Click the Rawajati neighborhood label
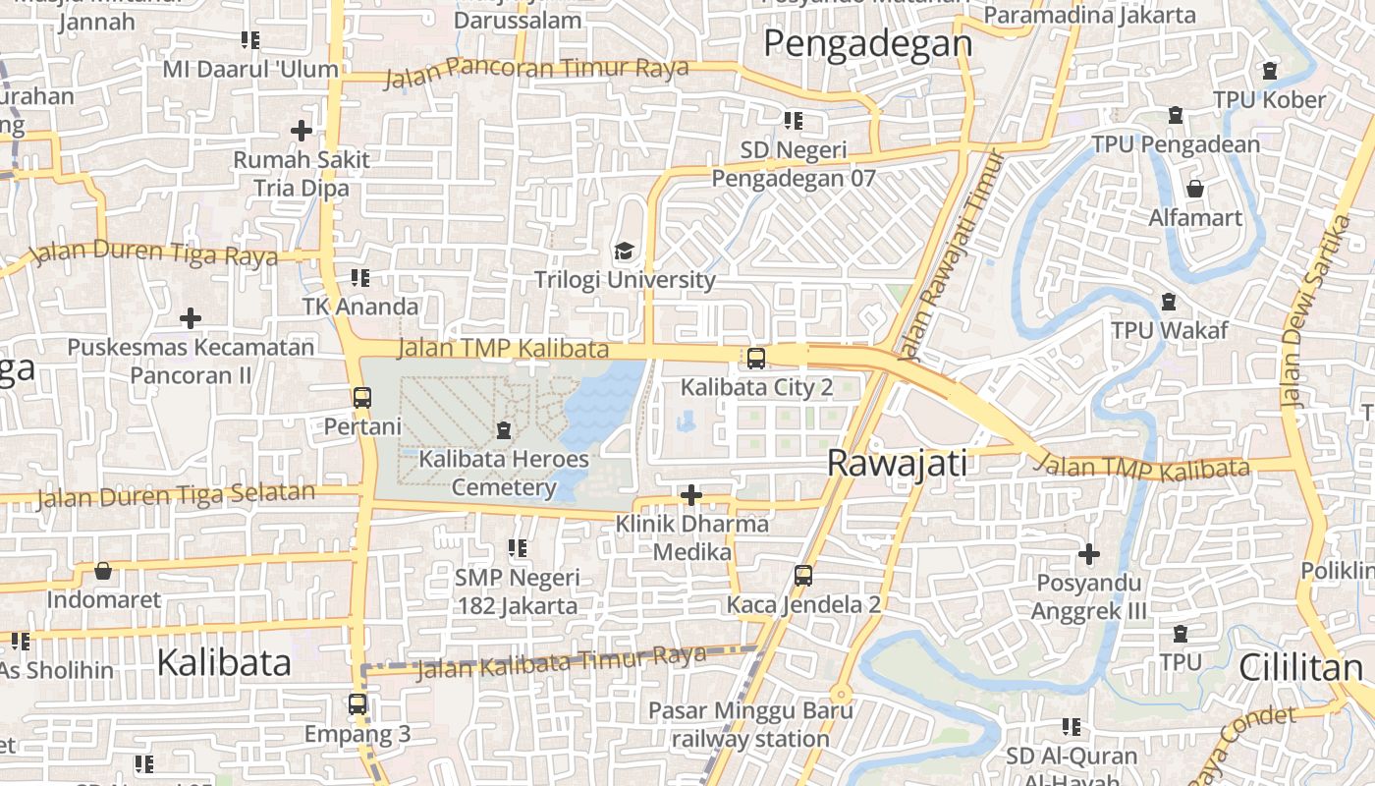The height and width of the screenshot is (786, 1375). click(x=898, y=463)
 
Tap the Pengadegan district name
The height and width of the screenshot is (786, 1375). click(x=867, y=44)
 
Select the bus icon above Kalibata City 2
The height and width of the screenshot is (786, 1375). click(x=756, y=358)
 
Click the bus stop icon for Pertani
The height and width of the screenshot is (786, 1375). click(x=362, y=398)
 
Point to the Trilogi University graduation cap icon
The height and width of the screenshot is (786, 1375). click(x=624, y=252)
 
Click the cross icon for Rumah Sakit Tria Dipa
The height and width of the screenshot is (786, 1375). click(x=302, y=130)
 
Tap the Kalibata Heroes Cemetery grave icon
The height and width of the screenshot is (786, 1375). click(x=504, y=429)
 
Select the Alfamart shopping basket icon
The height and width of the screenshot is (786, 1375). click(x=1195, y=188)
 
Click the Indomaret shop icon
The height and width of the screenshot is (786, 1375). click(x=103, y=571)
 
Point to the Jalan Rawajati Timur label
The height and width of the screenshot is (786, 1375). click(x=942, y=253)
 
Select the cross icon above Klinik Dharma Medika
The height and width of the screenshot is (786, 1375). click(x=691, y=494)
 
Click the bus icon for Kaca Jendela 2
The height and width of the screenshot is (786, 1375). click(x=803, y=576)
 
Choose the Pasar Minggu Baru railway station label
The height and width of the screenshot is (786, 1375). click(x=751, y=724)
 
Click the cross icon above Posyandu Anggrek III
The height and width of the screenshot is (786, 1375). click(x=1088, y=554)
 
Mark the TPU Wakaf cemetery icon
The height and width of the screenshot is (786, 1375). click(x=1169, y=302)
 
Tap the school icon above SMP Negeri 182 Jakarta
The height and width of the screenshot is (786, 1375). click(x=518, y=548)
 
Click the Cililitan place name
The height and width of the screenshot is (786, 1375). click(x=1300, y=668)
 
